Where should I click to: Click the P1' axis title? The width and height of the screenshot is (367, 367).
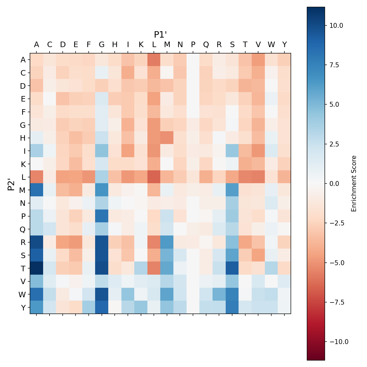160,35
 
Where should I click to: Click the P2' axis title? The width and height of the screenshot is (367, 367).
11,184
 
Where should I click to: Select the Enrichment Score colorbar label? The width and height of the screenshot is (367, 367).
354,183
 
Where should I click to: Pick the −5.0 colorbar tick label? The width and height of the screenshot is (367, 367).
336,263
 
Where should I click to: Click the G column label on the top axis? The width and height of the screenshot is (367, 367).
102,45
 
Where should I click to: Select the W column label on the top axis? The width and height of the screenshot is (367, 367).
271,45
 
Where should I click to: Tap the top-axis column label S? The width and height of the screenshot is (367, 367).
232,45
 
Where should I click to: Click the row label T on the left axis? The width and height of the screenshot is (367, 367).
23,268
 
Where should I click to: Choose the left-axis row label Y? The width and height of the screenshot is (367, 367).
23,307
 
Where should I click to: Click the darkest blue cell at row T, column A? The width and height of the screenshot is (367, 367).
37,268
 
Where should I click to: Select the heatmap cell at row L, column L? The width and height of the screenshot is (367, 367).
154,177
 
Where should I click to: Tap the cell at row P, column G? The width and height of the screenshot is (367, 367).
102,216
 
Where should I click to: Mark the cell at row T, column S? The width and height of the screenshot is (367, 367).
232,268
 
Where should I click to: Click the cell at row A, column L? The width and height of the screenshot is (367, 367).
154,60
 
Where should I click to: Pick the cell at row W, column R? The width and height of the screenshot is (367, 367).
219,294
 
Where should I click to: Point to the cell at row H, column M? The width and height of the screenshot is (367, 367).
167,138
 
